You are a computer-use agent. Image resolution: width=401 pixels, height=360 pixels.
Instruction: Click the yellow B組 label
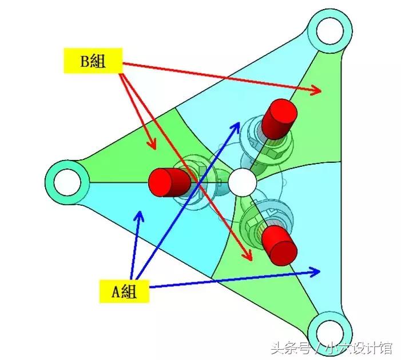(93, 61)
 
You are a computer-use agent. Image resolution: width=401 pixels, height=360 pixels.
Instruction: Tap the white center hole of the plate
(243, 182)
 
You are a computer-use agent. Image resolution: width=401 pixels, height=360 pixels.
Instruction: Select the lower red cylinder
(280, 243)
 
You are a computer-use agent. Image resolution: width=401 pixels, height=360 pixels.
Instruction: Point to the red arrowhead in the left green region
(153, 148)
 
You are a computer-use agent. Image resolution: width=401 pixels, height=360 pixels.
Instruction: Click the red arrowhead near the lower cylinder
(250, 259)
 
